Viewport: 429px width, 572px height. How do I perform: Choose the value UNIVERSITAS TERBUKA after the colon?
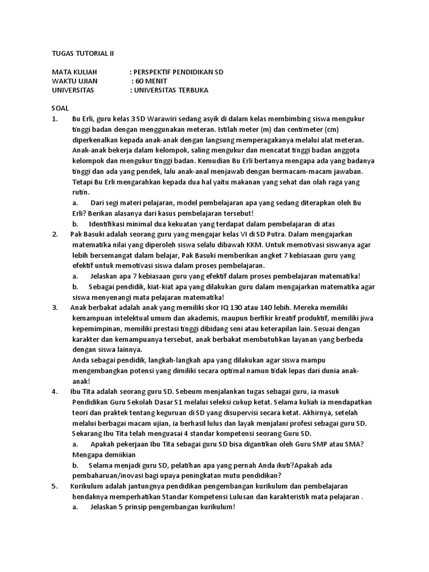pyautogui.click(x=173, y=90)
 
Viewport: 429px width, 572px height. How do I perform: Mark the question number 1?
pyautogui.click(x=54, y=119)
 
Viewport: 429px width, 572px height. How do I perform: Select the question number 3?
pyautogui.click(x=54, y=307)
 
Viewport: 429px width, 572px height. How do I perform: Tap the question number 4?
pyautogui.click(x=54, y=391)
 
